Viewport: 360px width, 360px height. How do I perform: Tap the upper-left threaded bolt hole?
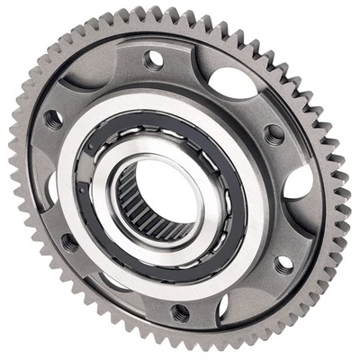tap(53, 118)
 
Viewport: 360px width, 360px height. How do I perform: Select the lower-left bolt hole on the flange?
tap(68, 240)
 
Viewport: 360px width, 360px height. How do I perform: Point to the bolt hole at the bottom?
tap(180, 312)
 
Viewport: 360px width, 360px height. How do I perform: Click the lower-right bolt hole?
tap(283, 264)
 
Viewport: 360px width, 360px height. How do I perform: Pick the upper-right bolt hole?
tap(275, 136)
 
